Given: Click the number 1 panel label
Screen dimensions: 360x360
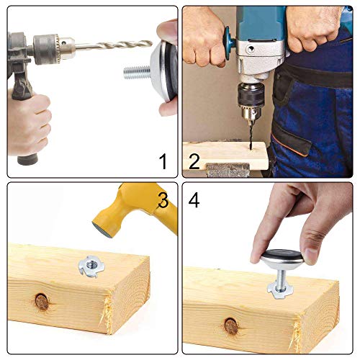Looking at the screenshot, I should coord(163,161).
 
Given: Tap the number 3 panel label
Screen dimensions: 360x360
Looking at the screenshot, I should coord(163,201).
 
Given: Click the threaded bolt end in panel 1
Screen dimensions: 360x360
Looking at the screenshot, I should coord(136,73).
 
